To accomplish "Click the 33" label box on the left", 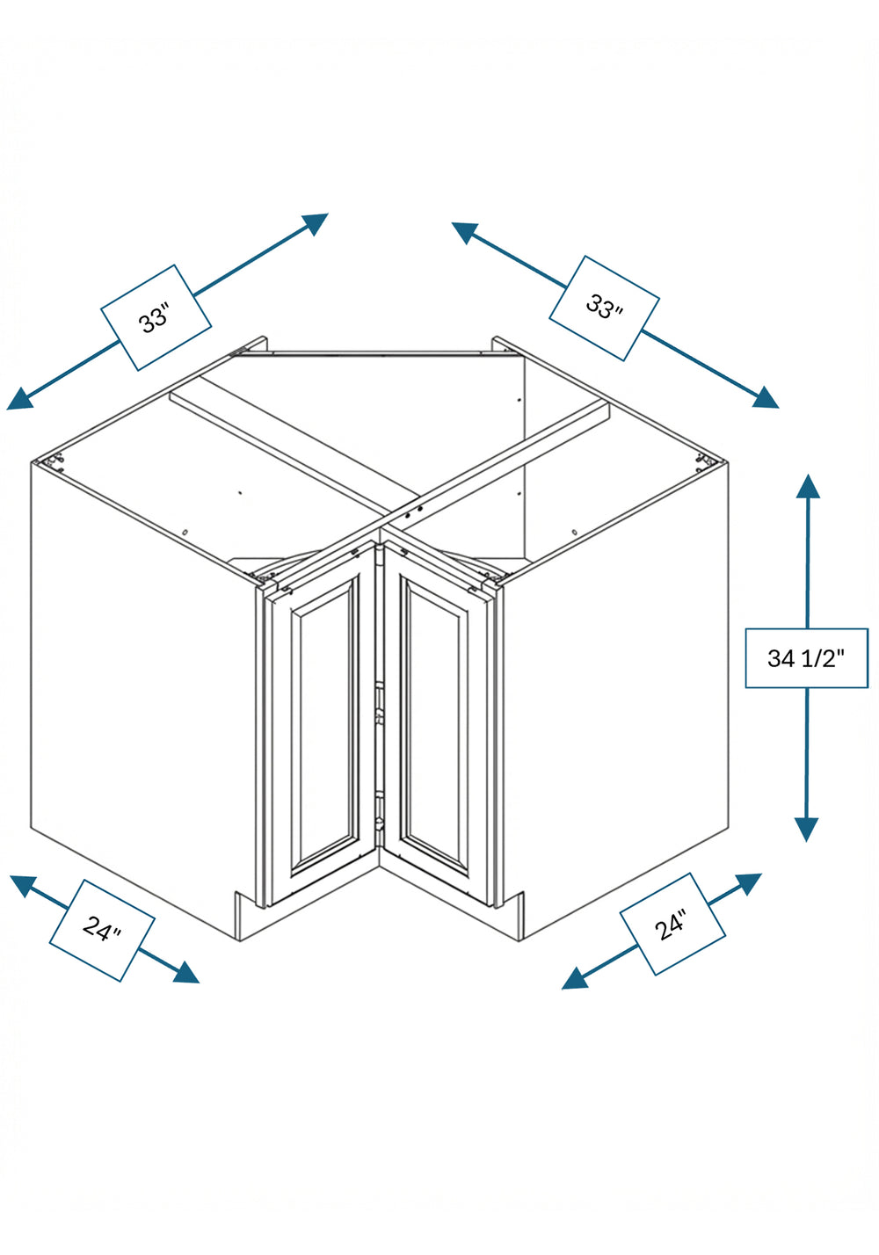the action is pos(156,317).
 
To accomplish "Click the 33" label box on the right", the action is pos(603,308).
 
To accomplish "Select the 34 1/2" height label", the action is pos(806,657).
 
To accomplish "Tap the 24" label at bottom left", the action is pos(102,930).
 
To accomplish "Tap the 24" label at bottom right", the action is pos(672,924).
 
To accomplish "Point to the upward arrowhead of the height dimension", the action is pos(807,485).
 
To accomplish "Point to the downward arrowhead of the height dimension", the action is pos(806,830).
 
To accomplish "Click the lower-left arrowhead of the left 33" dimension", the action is pos(19,400).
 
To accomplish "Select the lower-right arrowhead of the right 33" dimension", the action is pos(766,398).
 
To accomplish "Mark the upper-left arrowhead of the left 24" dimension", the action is pos(23,885).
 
